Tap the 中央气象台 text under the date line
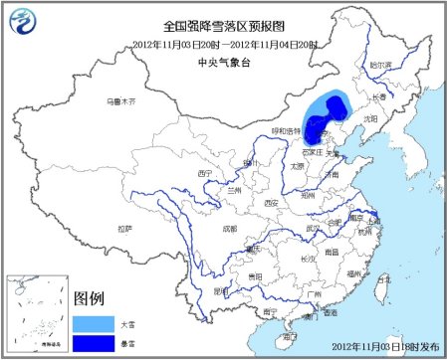(222, 58)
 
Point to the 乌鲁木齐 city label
(119, 101)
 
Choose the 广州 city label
(314, 295)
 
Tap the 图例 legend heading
(90, 298)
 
